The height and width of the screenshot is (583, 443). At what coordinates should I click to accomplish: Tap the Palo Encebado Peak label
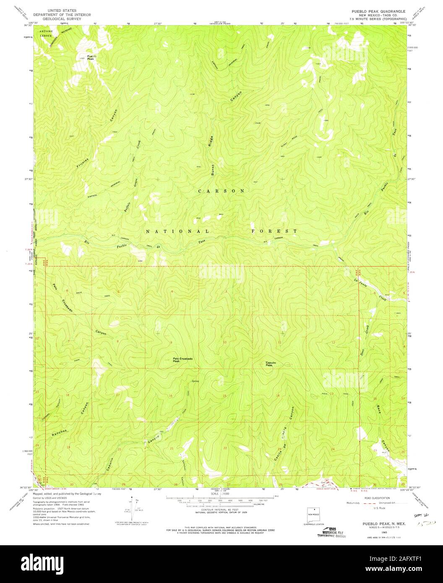183,360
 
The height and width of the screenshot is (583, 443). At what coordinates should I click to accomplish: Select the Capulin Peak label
269,364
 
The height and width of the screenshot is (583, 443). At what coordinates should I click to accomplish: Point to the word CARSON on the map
221,191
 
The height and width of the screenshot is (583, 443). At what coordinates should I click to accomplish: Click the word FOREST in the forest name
274,231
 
